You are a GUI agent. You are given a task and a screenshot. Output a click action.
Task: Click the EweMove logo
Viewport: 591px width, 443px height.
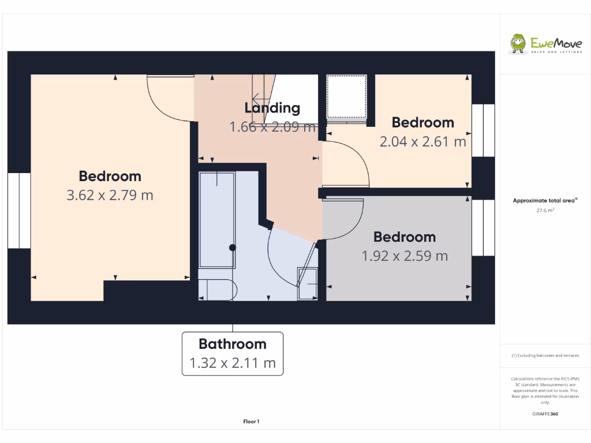click(545, 44)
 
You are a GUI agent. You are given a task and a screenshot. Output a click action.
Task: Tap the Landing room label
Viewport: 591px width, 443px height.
click(272, 108)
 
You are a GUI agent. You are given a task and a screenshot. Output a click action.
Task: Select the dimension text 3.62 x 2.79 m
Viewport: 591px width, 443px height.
click(110, 195)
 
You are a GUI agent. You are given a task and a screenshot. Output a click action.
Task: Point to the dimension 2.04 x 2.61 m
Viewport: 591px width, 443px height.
click(422, 141)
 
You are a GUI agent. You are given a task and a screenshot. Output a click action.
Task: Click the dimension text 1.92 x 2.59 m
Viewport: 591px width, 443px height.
click(405, 256)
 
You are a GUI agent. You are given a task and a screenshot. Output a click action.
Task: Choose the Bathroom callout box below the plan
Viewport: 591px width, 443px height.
click(233, 354)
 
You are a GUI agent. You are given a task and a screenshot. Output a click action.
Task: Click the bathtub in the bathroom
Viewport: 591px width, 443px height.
click(216, 219)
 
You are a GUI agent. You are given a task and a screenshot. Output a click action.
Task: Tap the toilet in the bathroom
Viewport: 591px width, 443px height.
click(217, 290)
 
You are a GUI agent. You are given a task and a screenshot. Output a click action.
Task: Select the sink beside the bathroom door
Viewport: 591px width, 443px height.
click(307, 284)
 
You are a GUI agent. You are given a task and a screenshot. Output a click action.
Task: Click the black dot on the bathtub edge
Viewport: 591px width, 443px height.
click(233, 247)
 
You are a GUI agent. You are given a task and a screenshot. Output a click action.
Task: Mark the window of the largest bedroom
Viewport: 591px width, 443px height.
click(19, 210)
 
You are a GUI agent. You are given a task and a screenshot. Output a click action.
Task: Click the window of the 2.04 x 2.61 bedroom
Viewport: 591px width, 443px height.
click(483, 130)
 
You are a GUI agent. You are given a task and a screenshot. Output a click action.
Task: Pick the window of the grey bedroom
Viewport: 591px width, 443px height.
click(483, 227)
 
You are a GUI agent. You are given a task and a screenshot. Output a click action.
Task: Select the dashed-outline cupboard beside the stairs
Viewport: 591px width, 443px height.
click(346, 97)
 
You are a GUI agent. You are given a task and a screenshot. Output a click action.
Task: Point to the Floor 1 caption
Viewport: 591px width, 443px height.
click(251, 422)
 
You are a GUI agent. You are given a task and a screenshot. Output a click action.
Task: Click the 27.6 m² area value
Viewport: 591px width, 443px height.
click(545, 211)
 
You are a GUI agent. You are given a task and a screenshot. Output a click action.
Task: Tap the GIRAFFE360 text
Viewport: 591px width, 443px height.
click(545, 414)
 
